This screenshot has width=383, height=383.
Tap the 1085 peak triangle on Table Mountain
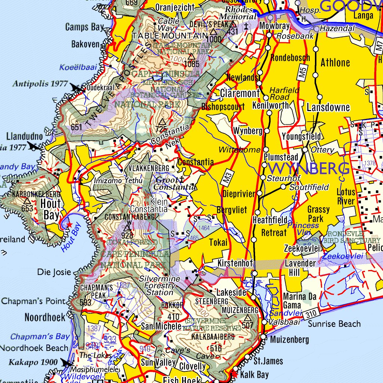pyautogui.click(x=191, y=56)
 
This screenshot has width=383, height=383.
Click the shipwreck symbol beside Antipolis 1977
pyautogui.click(x=77, y=88)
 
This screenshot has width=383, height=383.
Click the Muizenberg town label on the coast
pyautogui.click(x=289, y=340)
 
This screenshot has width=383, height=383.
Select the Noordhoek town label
pyautogui.click(x=45, y=318)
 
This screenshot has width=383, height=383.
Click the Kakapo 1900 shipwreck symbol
pyautogui.click(x=67, y=362)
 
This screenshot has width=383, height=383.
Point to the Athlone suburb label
pyautogui.click(x=335, y=62)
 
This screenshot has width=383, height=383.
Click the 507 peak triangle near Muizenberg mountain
pyautogui.click(x=247, y=318)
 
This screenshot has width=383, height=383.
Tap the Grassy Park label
pyautogui.click(x=318, y=214)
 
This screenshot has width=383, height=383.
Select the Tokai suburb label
pyautogui.click(x=218, y=242)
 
